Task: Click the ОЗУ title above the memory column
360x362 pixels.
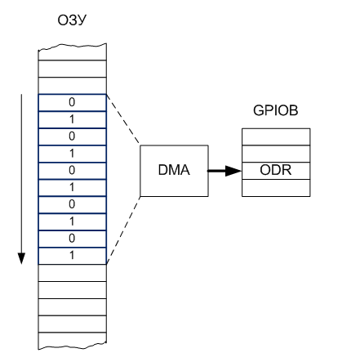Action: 72,20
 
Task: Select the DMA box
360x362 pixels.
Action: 174,171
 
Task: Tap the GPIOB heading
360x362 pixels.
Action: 275,110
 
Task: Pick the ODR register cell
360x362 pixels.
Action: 276,171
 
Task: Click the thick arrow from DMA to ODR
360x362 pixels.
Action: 224,171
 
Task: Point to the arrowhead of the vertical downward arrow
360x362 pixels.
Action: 21,258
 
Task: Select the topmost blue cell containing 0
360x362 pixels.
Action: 72,103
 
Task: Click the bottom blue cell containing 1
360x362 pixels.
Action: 72,256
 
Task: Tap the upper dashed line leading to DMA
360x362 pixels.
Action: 123,118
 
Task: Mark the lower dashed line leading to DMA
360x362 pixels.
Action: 123,230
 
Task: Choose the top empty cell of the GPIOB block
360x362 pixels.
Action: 276,136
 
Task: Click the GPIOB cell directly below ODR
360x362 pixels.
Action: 276,188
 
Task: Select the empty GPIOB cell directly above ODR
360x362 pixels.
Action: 276,154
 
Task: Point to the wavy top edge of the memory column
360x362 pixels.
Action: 72,47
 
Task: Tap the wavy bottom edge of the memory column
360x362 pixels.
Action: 72,346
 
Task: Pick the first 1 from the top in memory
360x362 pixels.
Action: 72,119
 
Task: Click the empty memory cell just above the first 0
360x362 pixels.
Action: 72,86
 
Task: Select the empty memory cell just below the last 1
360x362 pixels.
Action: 72,273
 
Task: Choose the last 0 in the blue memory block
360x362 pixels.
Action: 72,239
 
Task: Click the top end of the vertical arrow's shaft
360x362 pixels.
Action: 21,94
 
